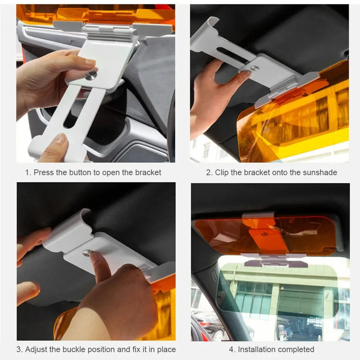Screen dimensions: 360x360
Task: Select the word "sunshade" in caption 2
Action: point(319,173)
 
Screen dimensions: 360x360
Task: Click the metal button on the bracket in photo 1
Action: point(91,76)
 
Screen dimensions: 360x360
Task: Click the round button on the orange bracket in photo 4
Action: point(264,234)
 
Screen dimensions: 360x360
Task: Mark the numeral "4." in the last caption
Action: point(232,350)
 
